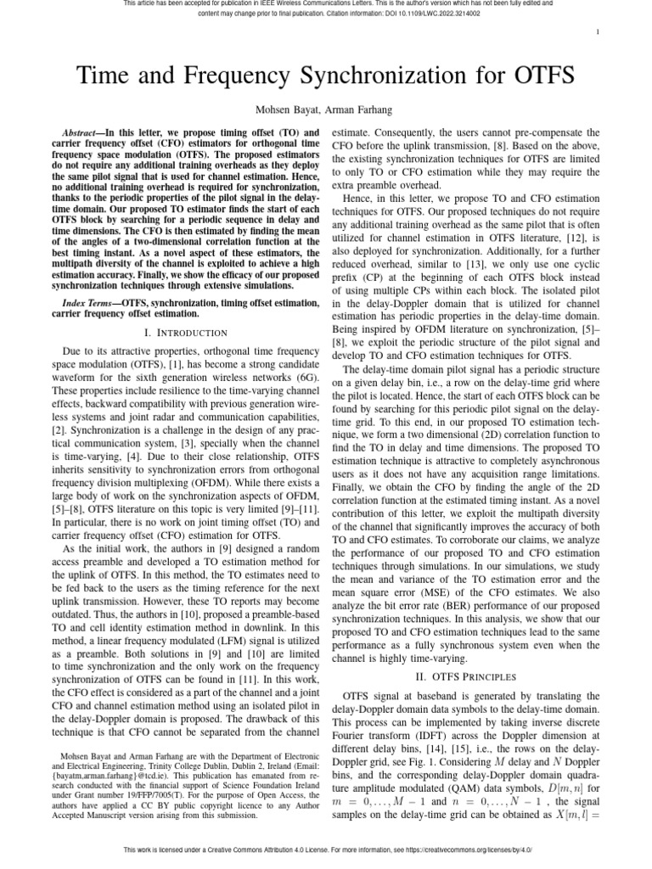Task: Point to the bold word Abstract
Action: point(84,134)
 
